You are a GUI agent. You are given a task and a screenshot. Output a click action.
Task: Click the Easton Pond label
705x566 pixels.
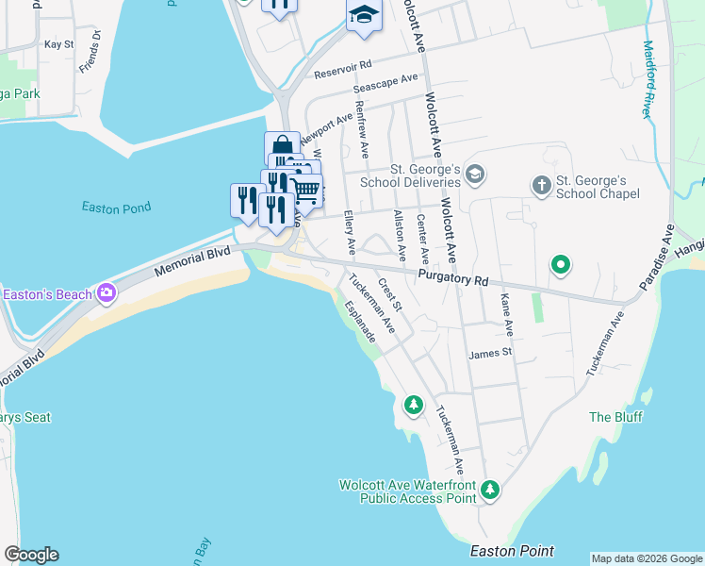[x=117, y=208]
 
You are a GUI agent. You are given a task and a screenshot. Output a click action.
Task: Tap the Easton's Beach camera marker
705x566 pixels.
[x=106, y=293]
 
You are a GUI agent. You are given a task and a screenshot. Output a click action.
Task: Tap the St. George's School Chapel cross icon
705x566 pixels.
[x=541, y=186]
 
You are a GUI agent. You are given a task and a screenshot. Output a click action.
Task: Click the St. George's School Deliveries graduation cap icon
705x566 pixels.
[x=474, y=175]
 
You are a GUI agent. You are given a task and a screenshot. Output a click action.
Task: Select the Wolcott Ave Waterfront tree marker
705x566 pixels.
[x=489, y=489]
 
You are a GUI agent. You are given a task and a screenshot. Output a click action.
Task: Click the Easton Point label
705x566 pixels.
[x=512, y=551]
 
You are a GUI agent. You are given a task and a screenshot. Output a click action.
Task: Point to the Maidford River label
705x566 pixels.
[x=648, y=78]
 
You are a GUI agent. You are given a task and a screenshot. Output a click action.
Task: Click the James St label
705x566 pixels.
[x=489, y=353]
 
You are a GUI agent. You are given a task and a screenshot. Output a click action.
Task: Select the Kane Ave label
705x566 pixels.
[x=507, y=314]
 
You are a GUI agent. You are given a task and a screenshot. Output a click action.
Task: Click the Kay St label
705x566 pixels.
[x=58, y=44]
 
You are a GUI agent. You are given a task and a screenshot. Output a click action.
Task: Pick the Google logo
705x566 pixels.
[x=31, y=555]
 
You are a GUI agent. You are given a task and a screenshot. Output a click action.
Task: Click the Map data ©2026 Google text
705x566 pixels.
[x=647, y=558]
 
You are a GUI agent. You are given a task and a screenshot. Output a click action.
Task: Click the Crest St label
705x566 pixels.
[x=389, y=294]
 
